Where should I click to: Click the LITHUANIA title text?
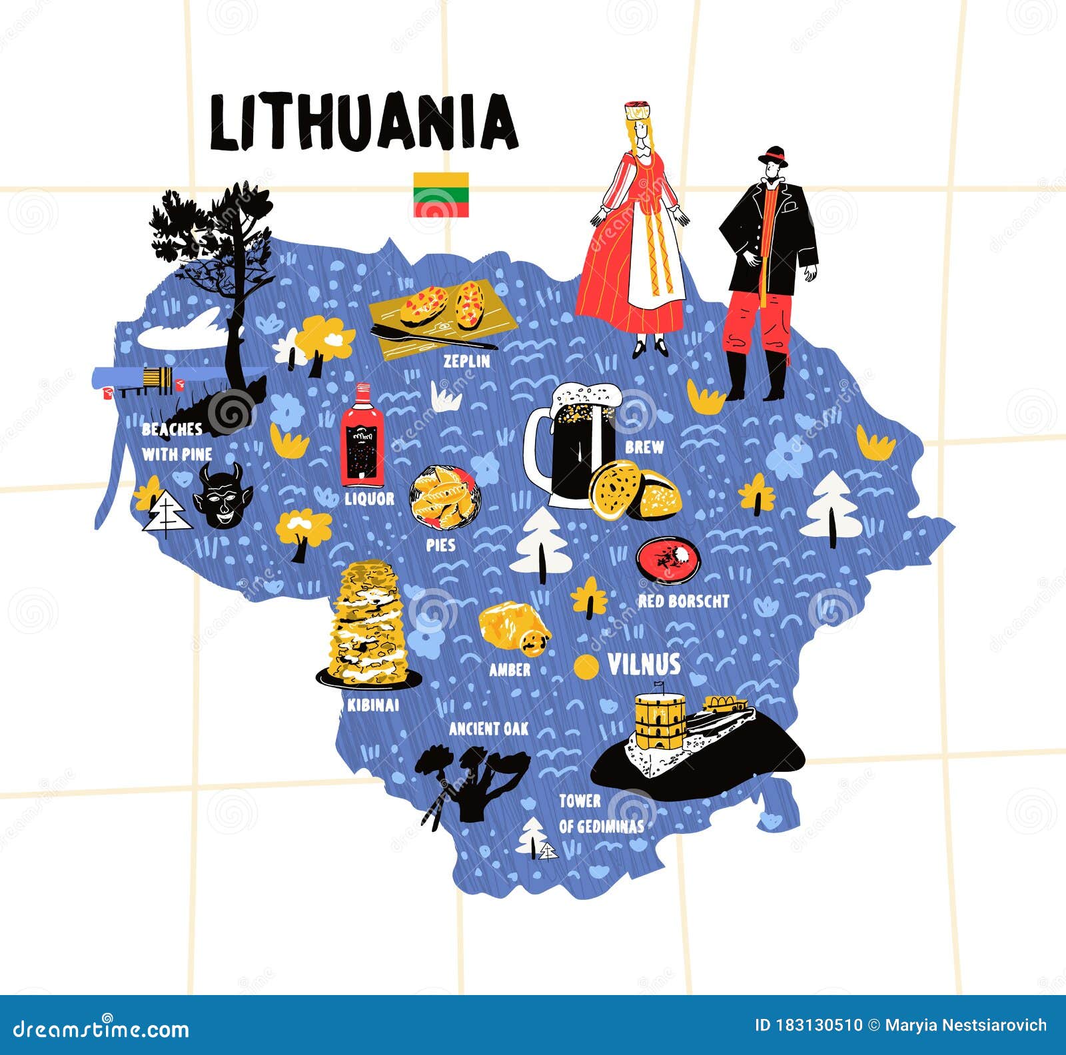click(x=363, y=123)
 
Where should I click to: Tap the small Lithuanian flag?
click(x=440, y=194)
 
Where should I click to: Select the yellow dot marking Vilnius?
click(x=586, y=667)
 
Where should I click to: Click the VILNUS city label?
click(x=644, y=665)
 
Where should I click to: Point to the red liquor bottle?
click(x=362, y=436)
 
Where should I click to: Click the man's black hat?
click(x=773, y=157)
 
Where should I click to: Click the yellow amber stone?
click(x=513, y=626)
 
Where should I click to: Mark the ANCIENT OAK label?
click(x=488, y=729)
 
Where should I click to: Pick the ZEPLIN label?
click(x=467, y=362)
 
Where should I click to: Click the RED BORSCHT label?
click(x=684, y=601)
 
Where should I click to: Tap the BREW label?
click(x=644, y=448)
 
